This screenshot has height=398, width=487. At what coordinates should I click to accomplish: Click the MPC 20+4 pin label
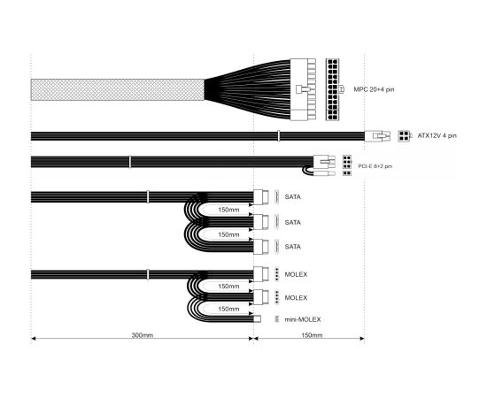374,89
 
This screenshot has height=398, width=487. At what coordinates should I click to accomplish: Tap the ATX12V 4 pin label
437,135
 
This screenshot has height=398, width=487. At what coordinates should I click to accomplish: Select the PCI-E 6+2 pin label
375,166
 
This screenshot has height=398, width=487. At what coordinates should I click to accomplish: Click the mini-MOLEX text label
303,319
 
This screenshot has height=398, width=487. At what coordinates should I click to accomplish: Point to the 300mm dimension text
143,335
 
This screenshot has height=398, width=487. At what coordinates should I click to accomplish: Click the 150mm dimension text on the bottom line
312,335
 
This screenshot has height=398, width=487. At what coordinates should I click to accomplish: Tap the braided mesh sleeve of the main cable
118,89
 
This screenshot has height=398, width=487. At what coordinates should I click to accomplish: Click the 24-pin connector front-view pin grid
332,89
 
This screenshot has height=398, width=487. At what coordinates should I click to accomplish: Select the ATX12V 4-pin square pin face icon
404,136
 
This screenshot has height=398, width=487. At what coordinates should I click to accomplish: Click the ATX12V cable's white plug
377,136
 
